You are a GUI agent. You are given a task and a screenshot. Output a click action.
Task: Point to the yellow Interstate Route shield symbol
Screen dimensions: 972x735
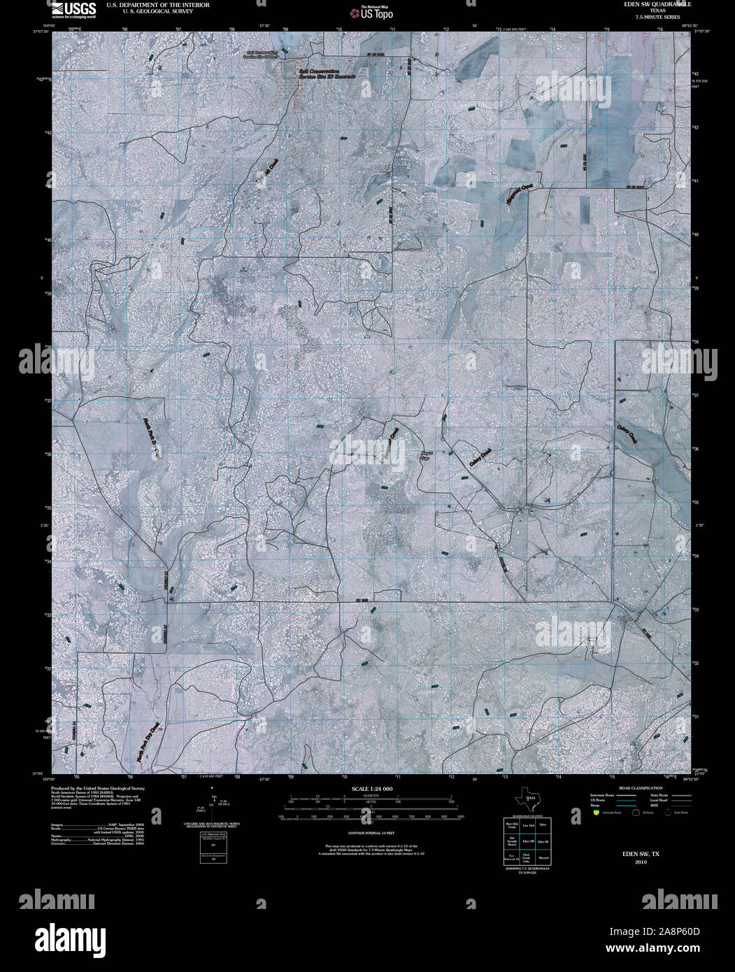[x=596, y=813]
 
